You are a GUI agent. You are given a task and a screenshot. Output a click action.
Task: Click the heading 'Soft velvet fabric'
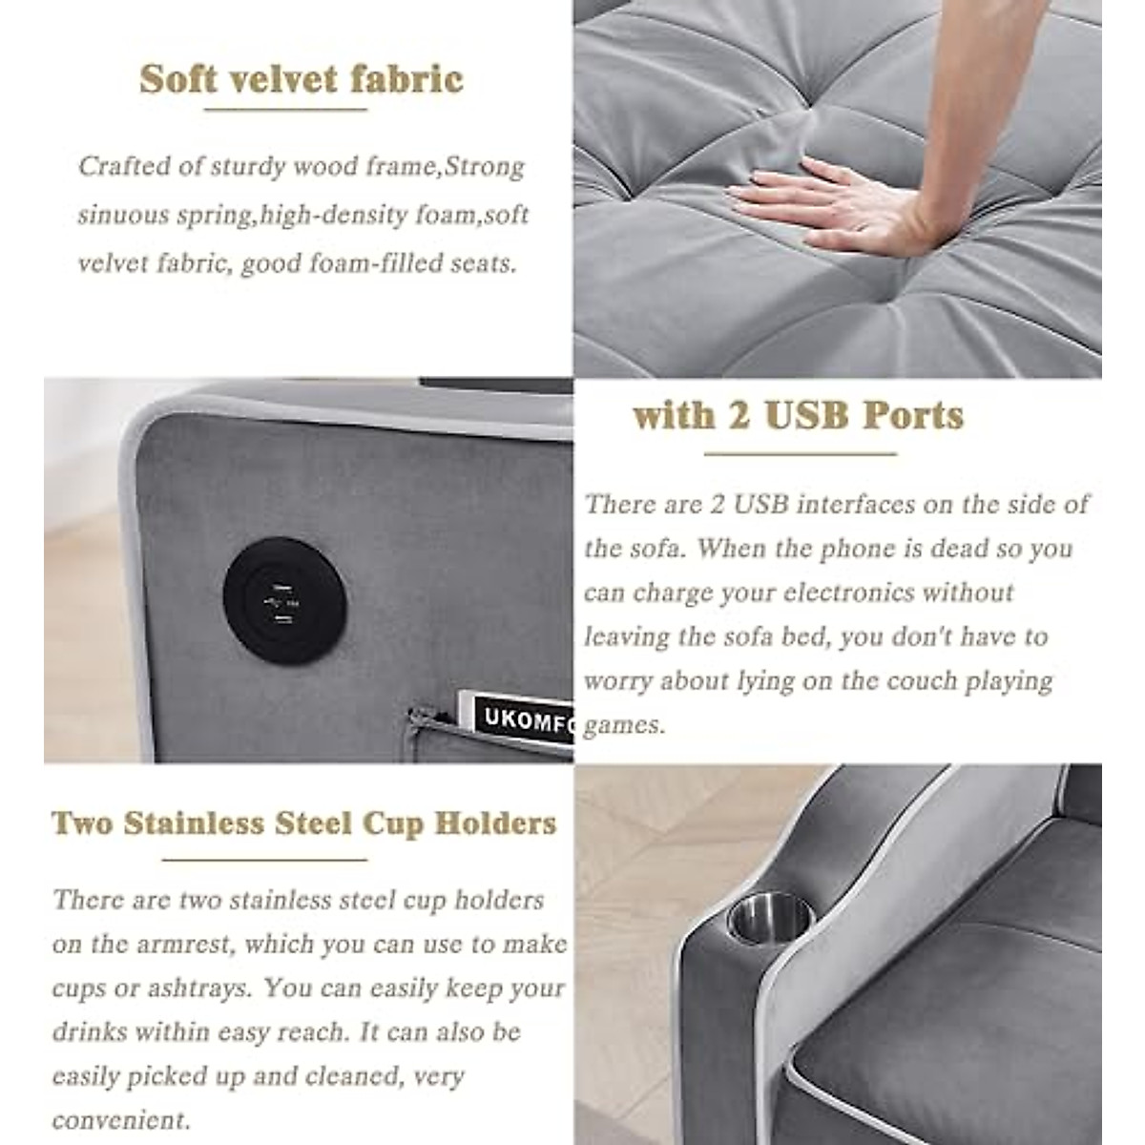coord(302,79)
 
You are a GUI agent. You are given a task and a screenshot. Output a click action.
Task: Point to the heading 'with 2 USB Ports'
coord(798,416)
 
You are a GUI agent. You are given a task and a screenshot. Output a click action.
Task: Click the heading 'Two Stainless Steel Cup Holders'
coord(303,823)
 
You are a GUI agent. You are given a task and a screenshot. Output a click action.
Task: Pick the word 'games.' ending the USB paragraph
coord(624,726)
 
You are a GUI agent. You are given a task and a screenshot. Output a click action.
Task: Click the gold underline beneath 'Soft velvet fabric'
coord(285,110)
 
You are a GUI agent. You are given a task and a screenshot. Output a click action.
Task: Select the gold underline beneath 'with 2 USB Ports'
coord(800,454)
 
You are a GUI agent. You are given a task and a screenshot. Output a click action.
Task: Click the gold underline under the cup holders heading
coord(264,860)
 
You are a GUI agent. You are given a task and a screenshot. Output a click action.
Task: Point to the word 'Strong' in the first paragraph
coord(486,167)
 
